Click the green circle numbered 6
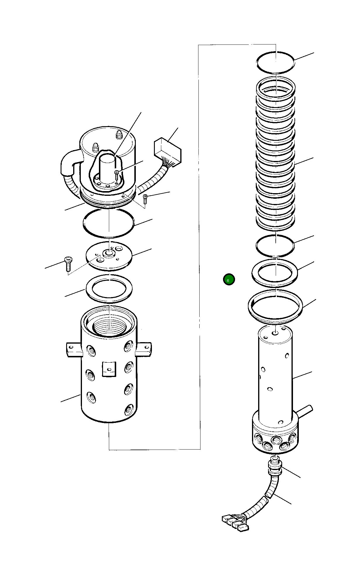point(229,280)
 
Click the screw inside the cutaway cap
point(117,176)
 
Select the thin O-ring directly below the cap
point(109,223)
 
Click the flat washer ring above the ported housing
point(109,288)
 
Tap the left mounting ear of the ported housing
point(72,350)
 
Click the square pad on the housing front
point(109,369)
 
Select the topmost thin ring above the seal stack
point(275,62)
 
